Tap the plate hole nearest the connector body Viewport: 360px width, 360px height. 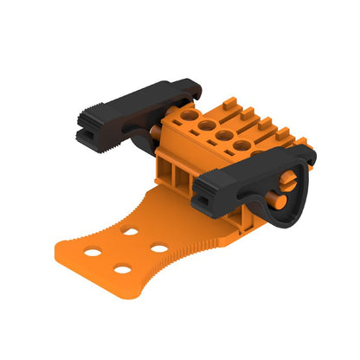pyautogui.click(x=131, y=232)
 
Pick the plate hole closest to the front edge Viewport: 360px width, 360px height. pyautogui.click(x=122, y=270)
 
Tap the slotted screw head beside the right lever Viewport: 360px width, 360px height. pyautogui.click(x=287, y=184)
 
